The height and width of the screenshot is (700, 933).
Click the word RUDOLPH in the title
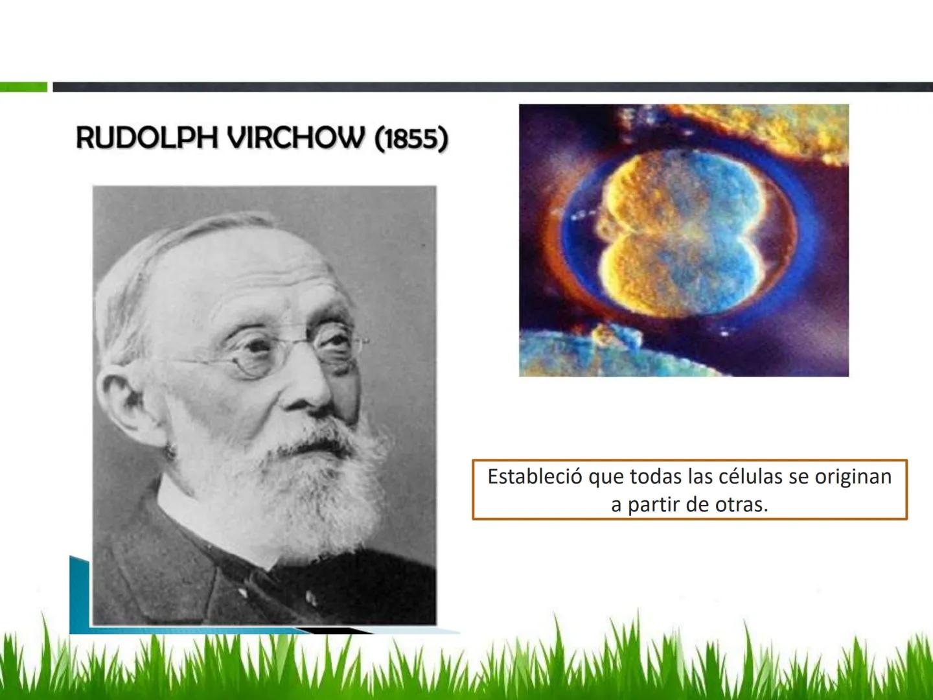(x=146, y=137)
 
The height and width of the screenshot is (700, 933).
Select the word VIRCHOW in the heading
(x=296, y=137)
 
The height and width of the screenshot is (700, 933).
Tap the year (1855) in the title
(x=411, y=139)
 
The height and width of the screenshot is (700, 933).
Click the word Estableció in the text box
(x=535, y=476)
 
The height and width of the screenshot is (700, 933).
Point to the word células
(x=750, y=476)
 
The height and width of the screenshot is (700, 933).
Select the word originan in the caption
(x=853, y=478)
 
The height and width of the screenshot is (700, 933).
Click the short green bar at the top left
(x=23, y=87)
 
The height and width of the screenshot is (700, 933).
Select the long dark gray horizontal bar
(x=492, y=87)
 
